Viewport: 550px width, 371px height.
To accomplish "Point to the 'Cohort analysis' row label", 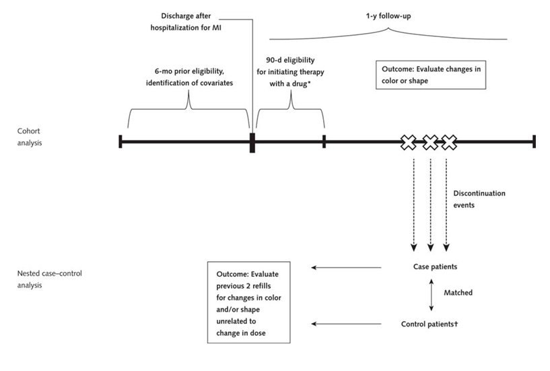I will click(x=31, y=137).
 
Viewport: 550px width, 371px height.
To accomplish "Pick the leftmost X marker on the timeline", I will click(x=408, y=141).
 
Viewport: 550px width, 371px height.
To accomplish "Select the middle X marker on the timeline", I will click(x=429, y=141).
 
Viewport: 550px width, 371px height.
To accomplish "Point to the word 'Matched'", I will click(x=458, y=293).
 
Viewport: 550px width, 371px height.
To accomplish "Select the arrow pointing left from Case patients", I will click(x=346, y=267).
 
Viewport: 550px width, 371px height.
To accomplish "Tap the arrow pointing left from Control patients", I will click(x=346, y=325).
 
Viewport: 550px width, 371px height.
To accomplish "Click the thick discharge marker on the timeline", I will click(x=252, y=142).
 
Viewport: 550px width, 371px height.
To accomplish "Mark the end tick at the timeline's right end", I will click(x=534, y=141).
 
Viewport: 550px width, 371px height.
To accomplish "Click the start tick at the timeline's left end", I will click(x=120, y=141).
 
